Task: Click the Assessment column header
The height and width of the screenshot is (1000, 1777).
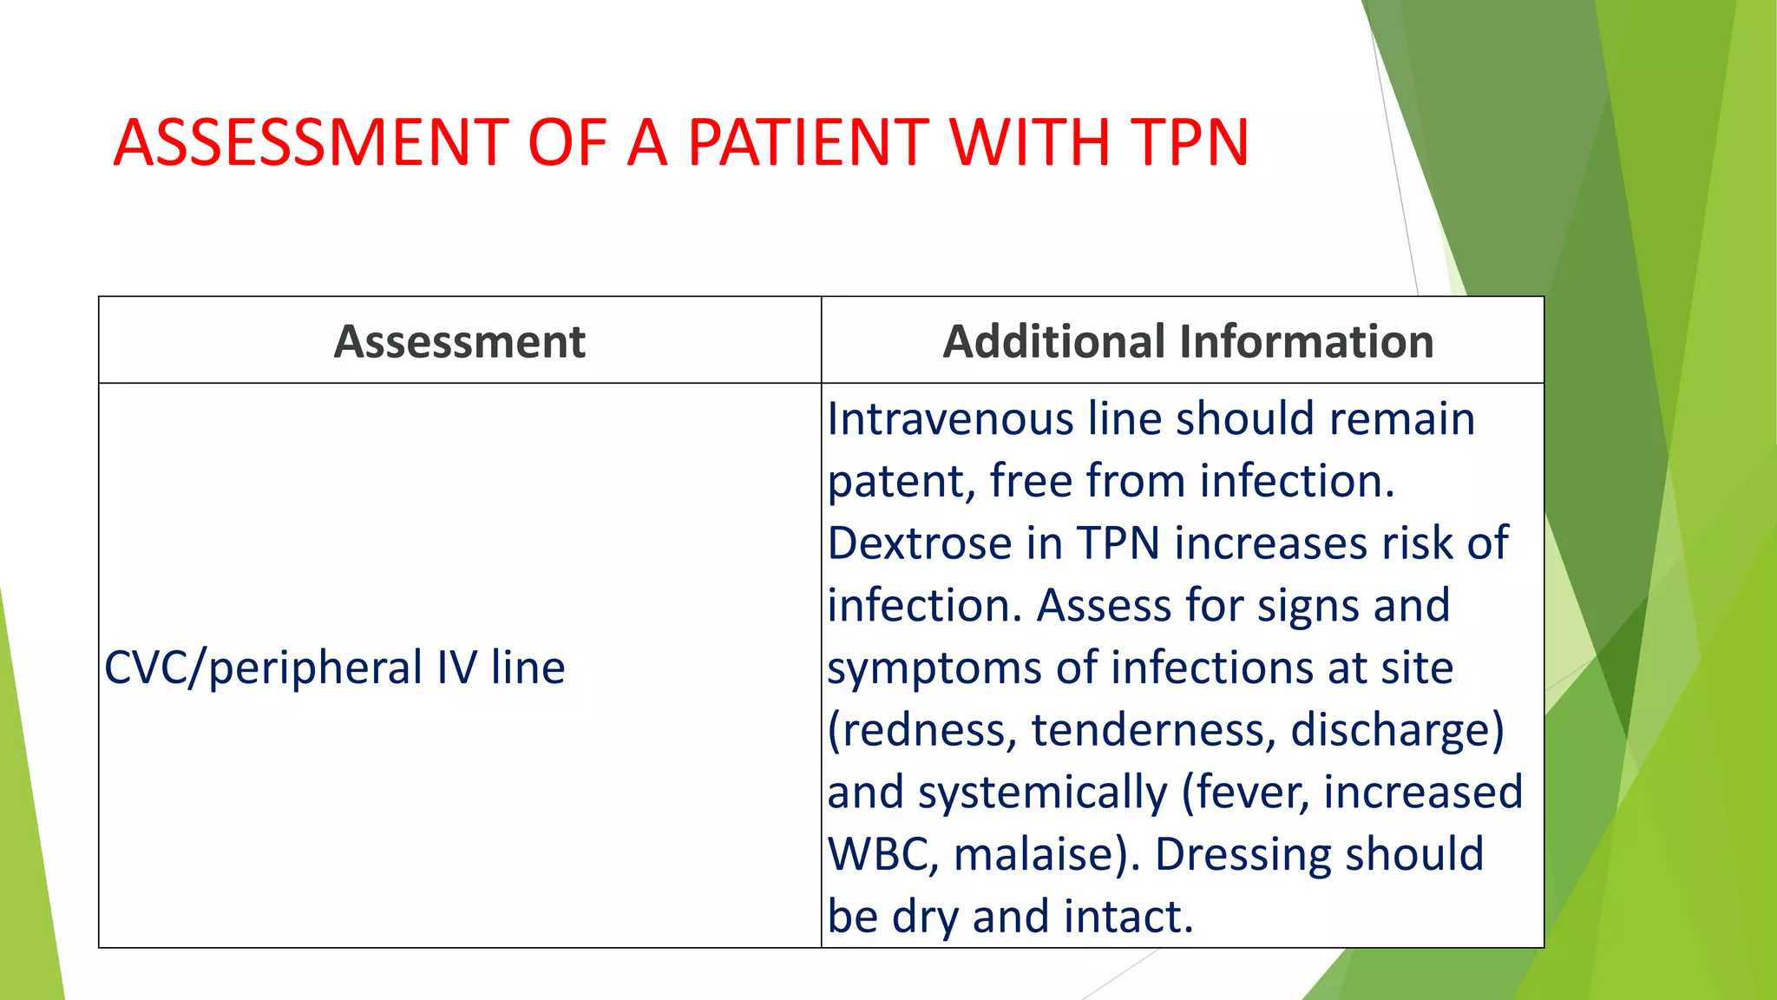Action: [x=460, y=341]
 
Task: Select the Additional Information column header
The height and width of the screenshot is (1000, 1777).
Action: [x=1188, y=341]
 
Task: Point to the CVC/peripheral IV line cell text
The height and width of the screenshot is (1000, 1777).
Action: [x=335, y=668]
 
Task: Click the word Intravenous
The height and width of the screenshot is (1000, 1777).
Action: [x=950, y=418]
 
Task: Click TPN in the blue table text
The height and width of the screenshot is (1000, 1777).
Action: [x=1118, y=543]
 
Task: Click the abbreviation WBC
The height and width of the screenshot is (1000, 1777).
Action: [x=881, y=854]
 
